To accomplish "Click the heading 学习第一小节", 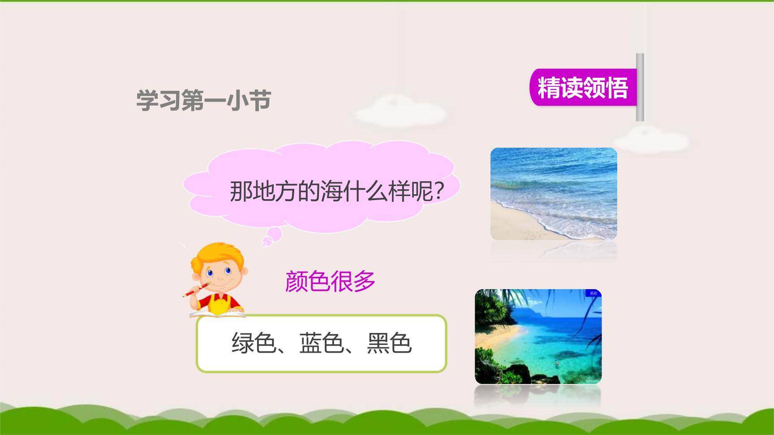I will click(x=204, y=100).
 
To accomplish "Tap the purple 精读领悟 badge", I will click(x=583, y=87).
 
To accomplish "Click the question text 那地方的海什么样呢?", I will click(x=336, y=191).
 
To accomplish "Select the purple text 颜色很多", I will click(x=330, y=281).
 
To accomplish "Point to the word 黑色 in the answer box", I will click(x=389, y=344).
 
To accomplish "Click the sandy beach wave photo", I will click(x=554, y=194).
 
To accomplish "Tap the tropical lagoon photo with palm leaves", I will click(x=538, y=337).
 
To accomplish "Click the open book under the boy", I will click(x=218, y=315).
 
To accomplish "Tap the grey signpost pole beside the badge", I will click(x=640, y=87).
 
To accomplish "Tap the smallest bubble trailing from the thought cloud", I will click(x=264, y=244).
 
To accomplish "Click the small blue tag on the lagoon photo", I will click(x=593, y=293).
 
